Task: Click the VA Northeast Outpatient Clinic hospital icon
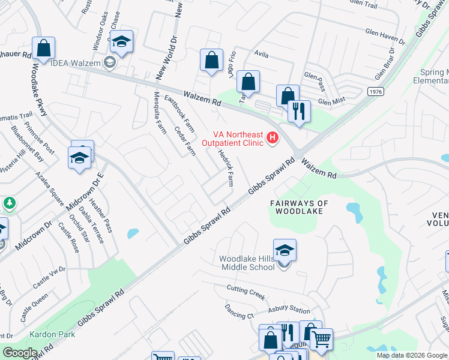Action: click(273, 139)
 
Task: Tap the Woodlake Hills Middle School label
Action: click(247, 262)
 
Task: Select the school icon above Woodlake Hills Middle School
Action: click(285, 250)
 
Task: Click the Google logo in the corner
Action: click(20, 353)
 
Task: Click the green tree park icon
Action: click(9, 204)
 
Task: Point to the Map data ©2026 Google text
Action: click(411, 355)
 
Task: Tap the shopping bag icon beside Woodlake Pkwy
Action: click(44, 47)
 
